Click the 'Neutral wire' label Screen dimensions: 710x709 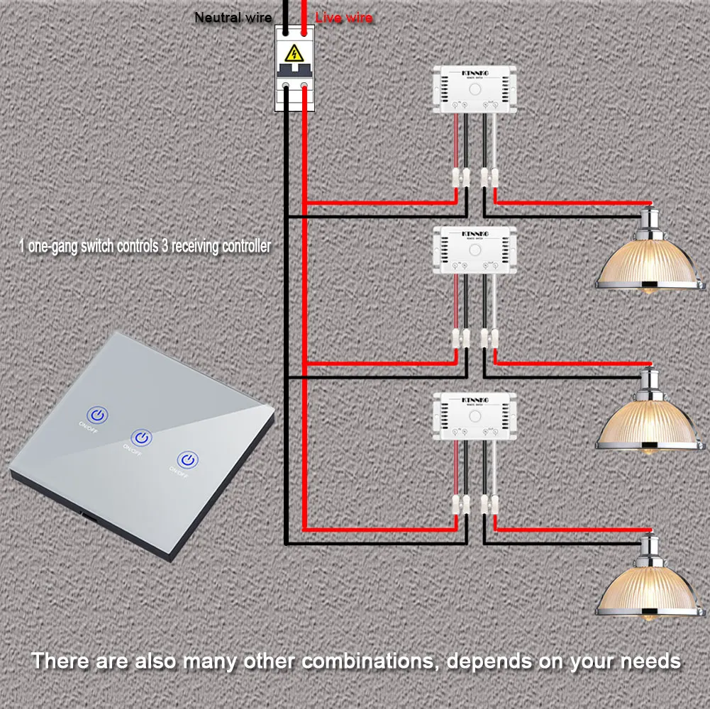(233, 17)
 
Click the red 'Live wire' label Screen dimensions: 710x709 (344, 17)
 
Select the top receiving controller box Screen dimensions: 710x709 (475, 89)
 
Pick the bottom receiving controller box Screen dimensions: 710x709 (475, 415)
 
